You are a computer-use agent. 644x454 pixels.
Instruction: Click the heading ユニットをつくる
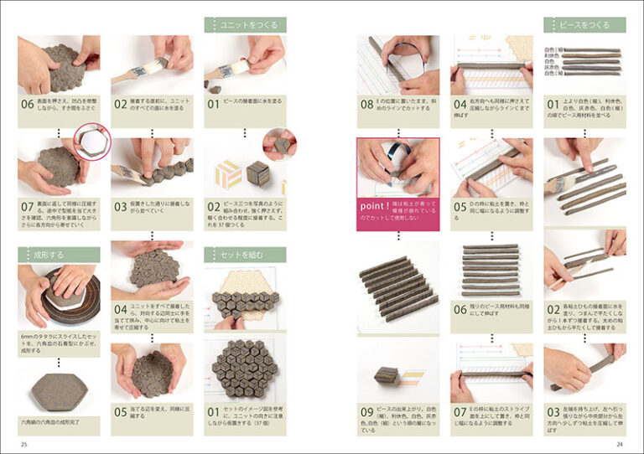[x=244, y=25]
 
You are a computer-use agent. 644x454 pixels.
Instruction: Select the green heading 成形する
[x=59, y=254]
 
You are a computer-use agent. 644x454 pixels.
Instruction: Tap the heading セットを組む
[x=244, y=254]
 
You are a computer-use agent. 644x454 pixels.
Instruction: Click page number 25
[x=24, y=443]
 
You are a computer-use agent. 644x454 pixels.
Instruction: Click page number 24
[x=620, y=443]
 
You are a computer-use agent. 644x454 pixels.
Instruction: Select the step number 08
[x=366, y=106]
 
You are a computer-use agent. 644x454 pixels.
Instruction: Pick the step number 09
[x=366, y=412]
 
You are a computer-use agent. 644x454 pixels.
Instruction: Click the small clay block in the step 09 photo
[x=386, y=374]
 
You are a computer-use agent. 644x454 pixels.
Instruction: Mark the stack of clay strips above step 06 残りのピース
[x=491, y=270]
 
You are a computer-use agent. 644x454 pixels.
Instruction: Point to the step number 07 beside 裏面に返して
[x=29, y=207]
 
